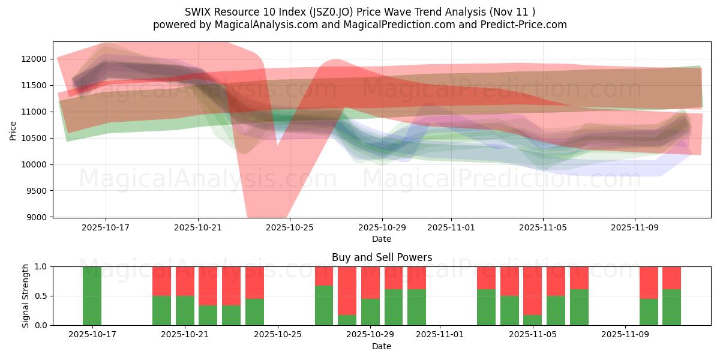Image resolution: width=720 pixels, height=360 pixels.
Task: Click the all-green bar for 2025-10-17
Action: coord(92,296)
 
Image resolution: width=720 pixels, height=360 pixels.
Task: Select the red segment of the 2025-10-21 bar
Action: coord(185,281)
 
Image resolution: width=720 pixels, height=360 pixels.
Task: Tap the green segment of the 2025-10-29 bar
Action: coord(370,312)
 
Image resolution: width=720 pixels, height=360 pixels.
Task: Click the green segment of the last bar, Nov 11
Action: coord(671,307)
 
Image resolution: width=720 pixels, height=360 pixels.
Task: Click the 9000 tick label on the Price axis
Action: coord(38,217)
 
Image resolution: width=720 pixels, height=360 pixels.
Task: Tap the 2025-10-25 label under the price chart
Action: coord(290,228)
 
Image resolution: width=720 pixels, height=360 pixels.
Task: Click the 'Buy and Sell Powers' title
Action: coord(382,257)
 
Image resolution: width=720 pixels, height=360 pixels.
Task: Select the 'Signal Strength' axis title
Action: coord(26,296)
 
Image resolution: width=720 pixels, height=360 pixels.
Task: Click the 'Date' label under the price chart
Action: coord(382,239)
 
